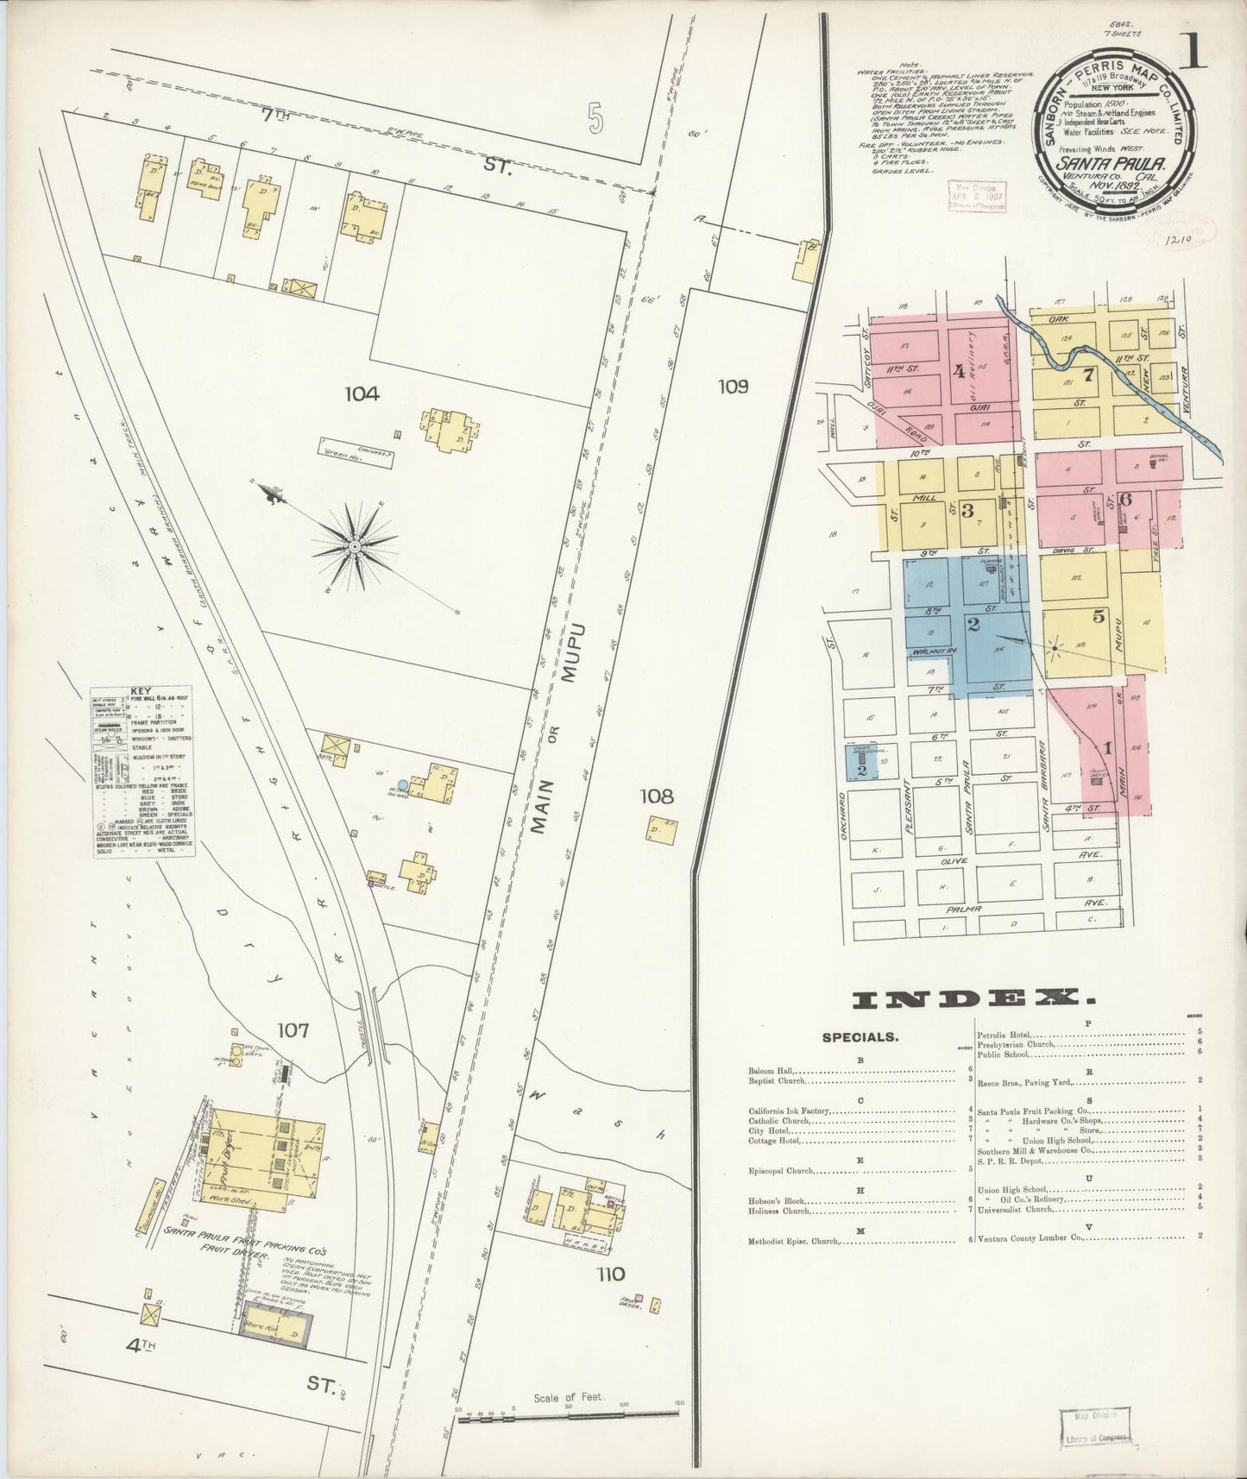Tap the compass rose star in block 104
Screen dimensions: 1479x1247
pyautogui.click(x=355, y=546)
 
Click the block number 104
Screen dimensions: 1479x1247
pyautogui.click(x=362, y=393)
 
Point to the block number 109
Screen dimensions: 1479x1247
pyautogui.click(x=732, y=386)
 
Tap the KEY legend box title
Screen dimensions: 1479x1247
pyautogui.click(x=142, y=691)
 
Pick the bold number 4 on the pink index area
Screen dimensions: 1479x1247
pyautogui.click(x=958, y=372)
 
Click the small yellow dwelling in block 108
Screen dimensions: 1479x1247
pyautogui.click(x=660, y=829)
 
